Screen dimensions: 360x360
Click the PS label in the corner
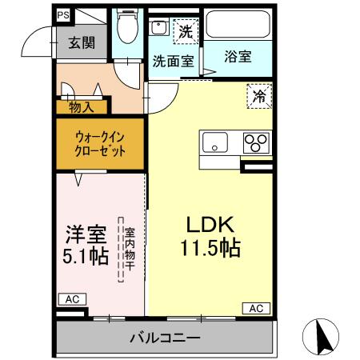click(x=62, y=14)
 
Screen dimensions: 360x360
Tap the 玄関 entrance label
click(x=79, y=42)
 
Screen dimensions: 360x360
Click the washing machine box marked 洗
click(x=184, y=32)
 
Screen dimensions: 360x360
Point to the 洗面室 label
click(x=172, y=59)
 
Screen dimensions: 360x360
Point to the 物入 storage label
click(x=82, y=106)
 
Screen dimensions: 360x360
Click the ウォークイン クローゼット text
click(x=100, y=144)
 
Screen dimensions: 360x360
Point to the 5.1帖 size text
click(x=86, y=258)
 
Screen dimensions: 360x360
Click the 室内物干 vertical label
click(x=128, y=250)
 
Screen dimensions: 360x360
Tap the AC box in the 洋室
click(x=70, y=299)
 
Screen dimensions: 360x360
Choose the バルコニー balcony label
click(x=165, y=338)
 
